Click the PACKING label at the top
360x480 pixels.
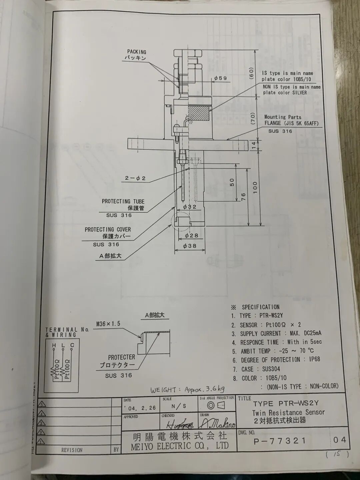coord(137,52)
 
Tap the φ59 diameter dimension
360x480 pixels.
coord(220,78)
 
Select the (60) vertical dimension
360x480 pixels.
coord(252,73)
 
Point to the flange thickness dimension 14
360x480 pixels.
coord(254,145)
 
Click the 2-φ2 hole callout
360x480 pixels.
coord(135,178)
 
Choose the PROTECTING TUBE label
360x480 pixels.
coord(123,201)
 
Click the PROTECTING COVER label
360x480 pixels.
coord(108,229)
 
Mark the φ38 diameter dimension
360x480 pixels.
coord(190,246)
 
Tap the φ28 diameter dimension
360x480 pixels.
coord(191,235)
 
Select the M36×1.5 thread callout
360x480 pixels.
coord(108,324)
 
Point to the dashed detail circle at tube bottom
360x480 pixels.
coord(180,221)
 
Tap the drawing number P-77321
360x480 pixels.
coord(280,441)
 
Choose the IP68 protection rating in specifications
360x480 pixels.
coord(314,360)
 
